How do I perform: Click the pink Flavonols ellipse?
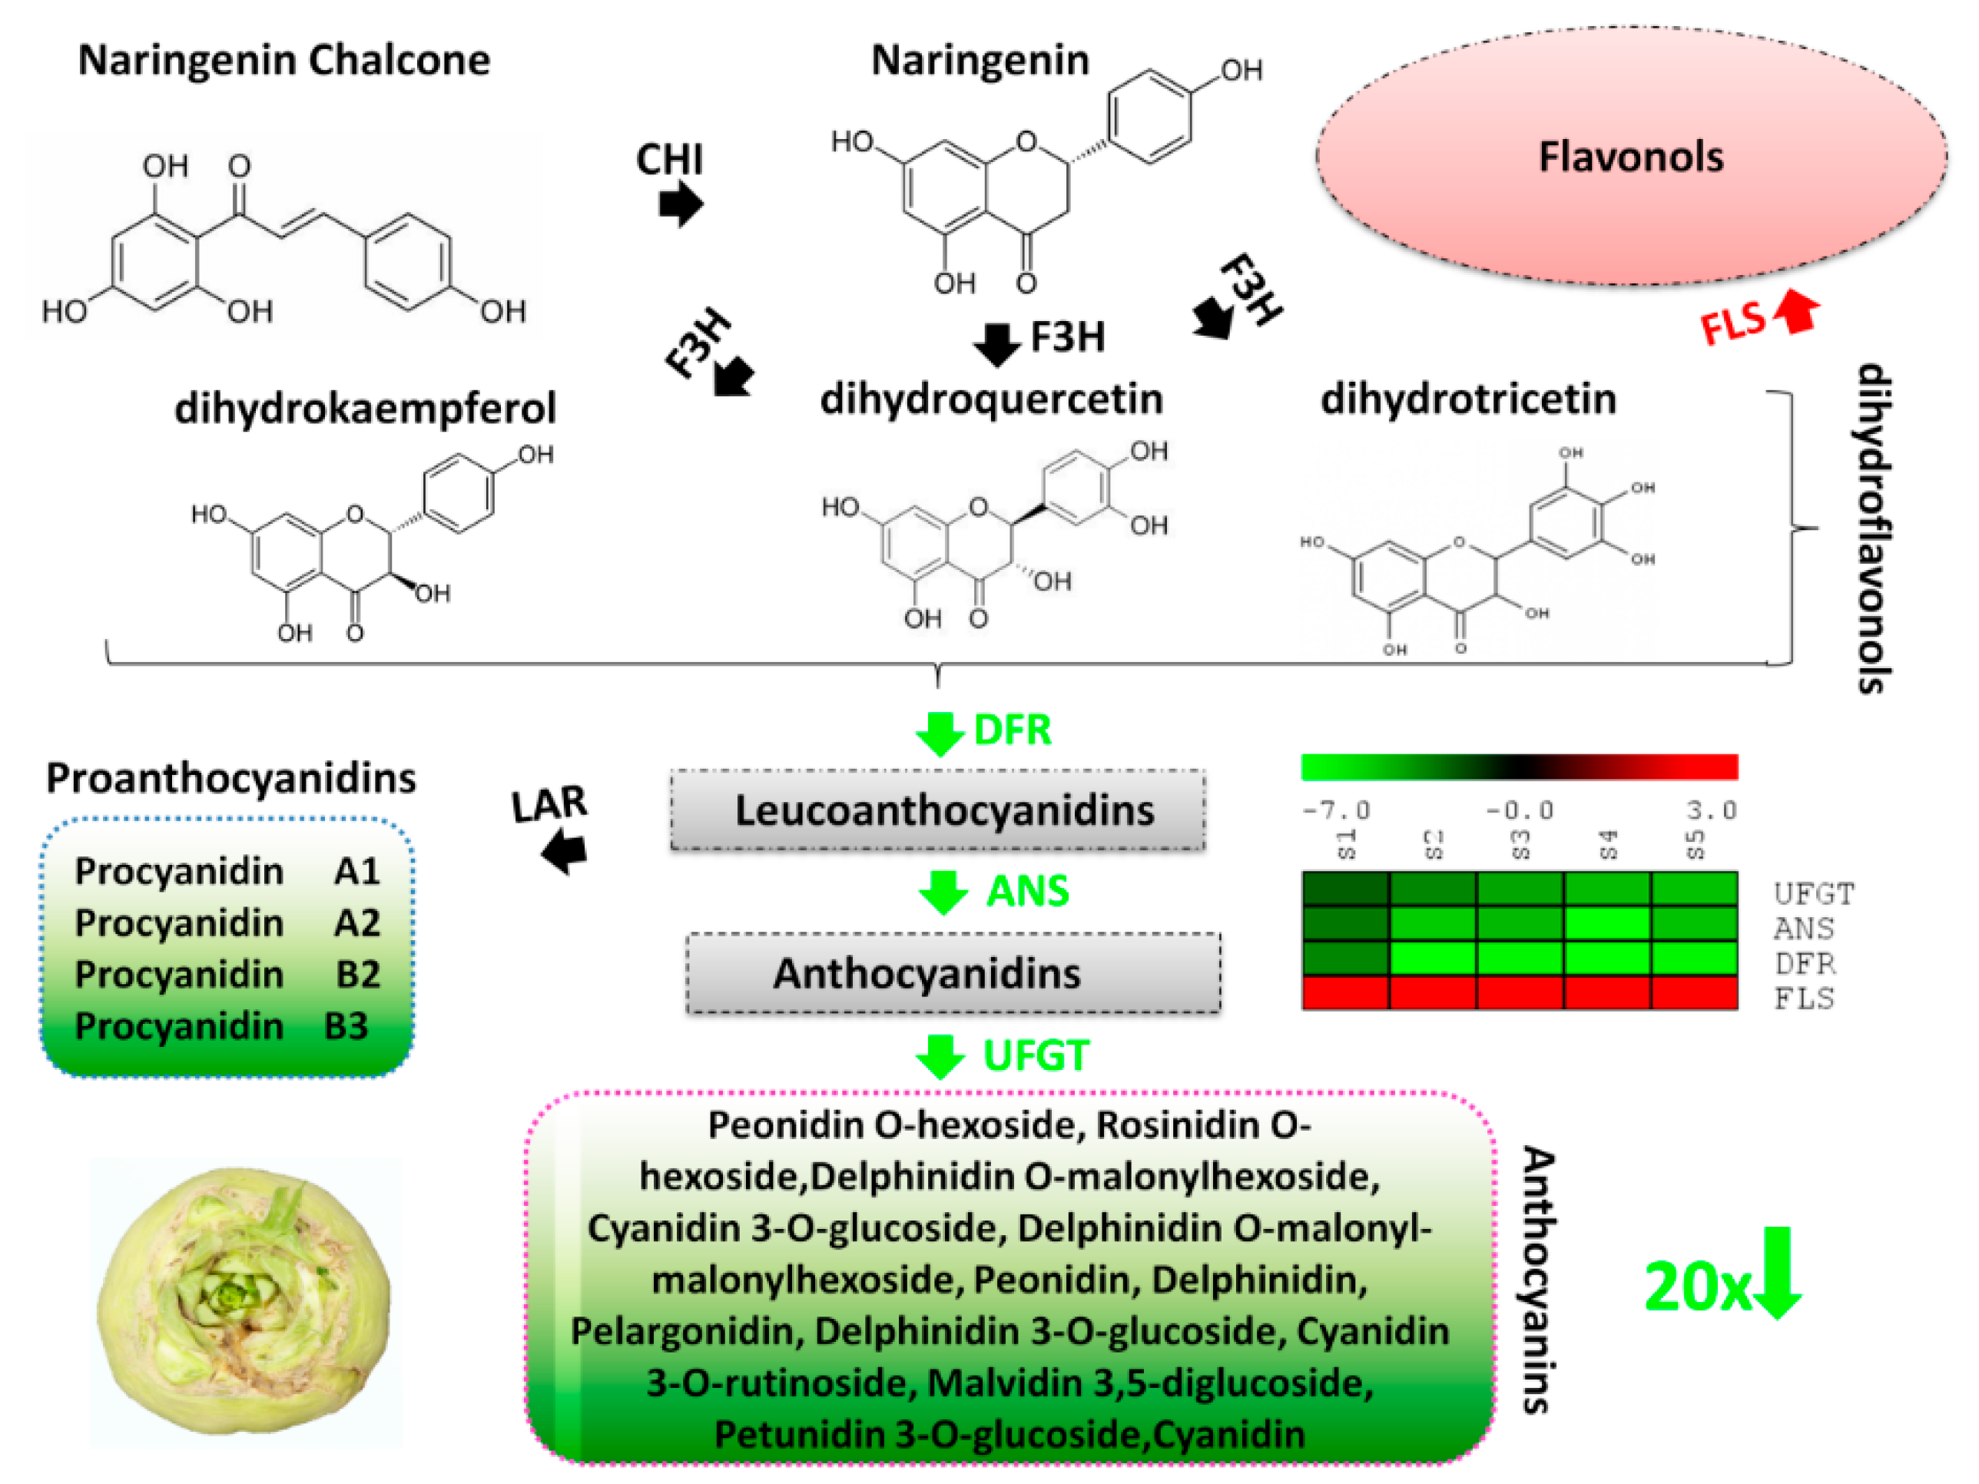1630,157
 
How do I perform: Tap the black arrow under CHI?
681,205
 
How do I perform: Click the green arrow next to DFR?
940,734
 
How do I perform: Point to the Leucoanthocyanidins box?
937,810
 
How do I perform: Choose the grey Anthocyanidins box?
953,973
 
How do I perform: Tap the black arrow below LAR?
565,850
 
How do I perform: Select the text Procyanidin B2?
227,974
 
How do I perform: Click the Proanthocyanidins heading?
230,778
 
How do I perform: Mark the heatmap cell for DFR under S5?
1694,958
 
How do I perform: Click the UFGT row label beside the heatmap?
1814,893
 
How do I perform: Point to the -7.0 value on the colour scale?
1336,810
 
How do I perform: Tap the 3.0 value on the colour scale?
1711,810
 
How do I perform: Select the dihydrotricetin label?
1468,399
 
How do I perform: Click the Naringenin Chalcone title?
284,61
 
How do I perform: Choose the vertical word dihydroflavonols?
1871,528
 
